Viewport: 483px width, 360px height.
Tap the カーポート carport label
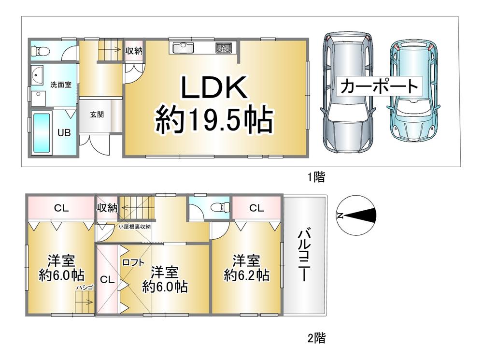tap(379, 86)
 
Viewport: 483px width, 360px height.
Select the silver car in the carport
tap(347, 92)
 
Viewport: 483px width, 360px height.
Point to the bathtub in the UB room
tap(41, 133)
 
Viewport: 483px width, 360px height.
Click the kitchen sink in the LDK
tap(183, 48)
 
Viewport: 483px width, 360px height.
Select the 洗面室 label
tap(61, 85)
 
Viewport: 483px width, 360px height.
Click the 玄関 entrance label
tap(97, 115)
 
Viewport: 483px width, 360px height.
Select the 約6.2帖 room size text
tap(246, 275)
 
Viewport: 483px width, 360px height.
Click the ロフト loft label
tap(133, 262)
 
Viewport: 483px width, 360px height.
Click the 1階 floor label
tap(316, 177)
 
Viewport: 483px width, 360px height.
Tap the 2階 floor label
tap(316, 338)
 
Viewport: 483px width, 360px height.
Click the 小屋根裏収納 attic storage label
tap(135, 227)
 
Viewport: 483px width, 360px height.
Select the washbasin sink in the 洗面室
tap(37, 74)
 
